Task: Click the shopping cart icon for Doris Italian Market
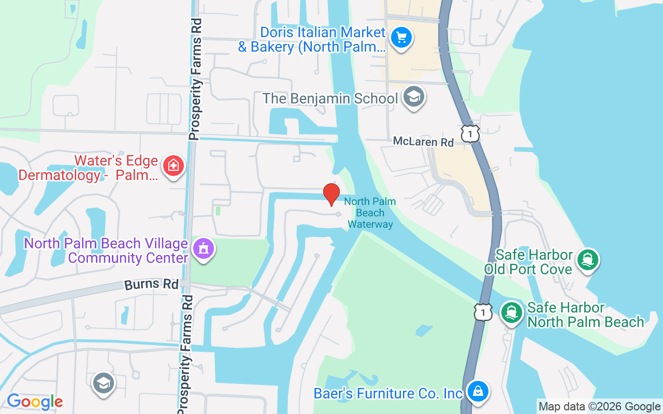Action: coord(401,38)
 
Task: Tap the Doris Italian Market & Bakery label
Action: coord(312,39)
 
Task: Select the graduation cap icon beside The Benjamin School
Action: coord(413,97)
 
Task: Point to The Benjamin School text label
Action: coord(330,98)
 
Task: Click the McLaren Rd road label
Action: coord(423,142)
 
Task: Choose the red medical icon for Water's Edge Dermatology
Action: coord(174,166)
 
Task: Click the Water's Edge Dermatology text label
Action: coord(88,168)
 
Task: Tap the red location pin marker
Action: coord(331,194)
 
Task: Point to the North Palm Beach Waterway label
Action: coord(370,213)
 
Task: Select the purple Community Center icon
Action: coord(204,249)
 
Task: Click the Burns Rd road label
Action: coord(151,285)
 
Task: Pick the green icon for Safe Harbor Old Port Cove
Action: coord(587,259)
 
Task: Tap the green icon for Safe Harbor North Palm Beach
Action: coord(512,312)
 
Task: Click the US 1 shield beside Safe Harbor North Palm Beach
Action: coord(482,312)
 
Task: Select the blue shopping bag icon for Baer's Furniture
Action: coord(478,391)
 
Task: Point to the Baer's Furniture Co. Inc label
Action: coord(388,394)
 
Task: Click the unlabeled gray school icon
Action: coord(104,383)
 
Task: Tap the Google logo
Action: coord(35,402)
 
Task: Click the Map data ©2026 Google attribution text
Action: coord(599,407)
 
